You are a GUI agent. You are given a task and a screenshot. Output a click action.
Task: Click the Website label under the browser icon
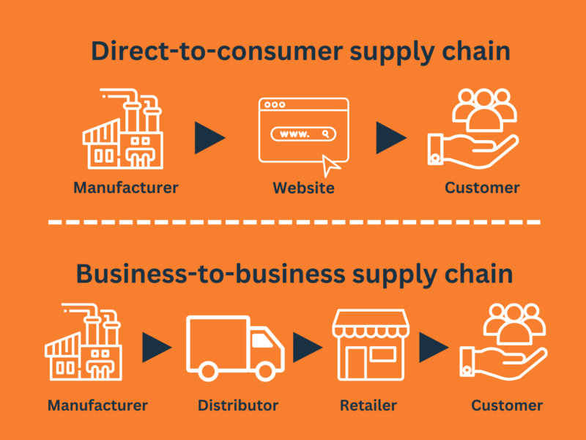tap(303, 188)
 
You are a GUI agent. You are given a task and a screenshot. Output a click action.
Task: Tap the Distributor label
tap(238, 406)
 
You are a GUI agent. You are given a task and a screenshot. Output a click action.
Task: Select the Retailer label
tap(368, 406)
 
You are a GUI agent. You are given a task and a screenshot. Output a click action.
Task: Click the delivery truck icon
tap(235, 348)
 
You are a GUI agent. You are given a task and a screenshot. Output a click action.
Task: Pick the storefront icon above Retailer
tap(371, 345)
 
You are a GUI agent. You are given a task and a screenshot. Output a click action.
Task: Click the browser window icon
tap(303, 131)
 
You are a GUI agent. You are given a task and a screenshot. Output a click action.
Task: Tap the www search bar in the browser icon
tap(303, 134)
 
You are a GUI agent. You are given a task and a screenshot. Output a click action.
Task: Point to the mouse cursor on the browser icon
tap(330, 166)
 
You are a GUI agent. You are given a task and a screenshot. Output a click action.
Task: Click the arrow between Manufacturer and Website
tap(209, 138)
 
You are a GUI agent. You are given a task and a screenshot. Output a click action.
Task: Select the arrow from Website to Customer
tap(391, 138)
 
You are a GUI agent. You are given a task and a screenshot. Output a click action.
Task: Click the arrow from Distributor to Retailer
tap(308, 347)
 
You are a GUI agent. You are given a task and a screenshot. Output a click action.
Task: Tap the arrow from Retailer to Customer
tap(434, 347)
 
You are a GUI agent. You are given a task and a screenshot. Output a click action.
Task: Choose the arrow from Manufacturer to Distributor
tap(157, 347)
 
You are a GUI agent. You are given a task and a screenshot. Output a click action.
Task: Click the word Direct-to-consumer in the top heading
tap(217, 51)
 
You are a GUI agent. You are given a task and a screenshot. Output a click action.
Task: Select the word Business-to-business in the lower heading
tap(210, 274)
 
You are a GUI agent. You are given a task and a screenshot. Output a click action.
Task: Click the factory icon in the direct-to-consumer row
tap(123, 129)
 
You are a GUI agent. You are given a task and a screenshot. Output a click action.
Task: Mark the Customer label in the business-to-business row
tap(507, 406)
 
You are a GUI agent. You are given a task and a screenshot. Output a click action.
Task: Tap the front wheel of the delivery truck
tap(265, 372)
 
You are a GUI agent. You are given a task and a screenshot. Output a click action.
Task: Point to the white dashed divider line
tap(294, 222)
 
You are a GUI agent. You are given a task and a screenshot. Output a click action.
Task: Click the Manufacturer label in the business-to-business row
tap(97, 406)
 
